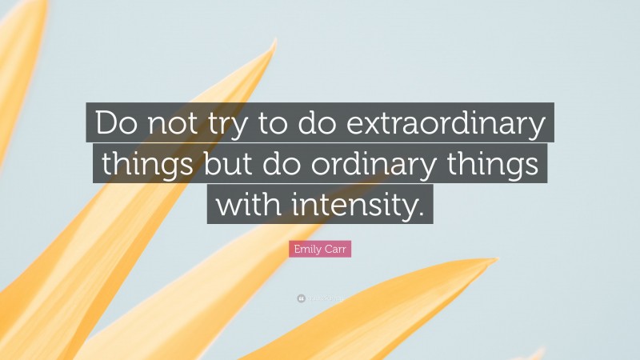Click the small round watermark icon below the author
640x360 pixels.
[x=301, y=298]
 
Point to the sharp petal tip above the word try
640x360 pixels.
[x=275, y=40]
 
